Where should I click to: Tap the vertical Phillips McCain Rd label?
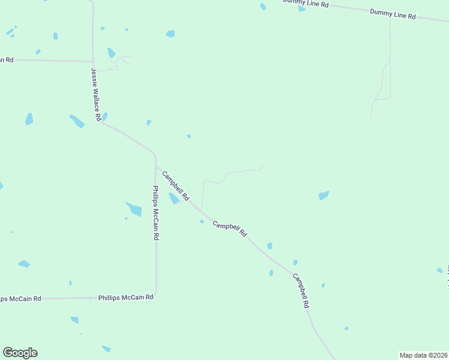tap(155, 213)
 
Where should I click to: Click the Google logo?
tap(20, 353)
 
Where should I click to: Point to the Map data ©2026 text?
tap(423, 355)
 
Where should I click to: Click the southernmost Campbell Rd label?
tap(301, 290)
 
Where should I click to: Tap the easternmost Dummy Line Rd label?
tap(393, 13)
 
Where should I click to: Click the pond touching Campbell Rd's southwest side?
tap(173, 198)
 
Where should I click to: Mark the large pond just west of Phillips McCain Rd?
tap(134, 209)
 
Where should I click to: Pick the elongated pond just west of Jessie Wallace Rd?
tap(77, 121)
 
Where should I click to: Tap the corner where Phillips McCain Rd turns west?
tap(156, 296)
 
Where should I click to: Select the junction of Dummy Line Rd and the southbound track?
tap(390, 17)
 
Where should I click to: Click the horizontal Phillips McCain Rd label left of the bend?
tap(126, 297)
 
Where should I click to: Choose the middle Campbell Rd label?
tap(230, 229)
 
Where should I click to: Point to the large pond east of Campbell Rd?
tap(324, 196)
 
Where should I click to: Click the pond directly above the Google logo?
tap(24, 264)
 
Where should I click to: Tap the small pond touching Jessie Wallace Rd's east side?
tap(104, 116)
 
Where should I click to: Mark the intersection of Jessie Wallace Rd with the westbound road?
tap(92, 61)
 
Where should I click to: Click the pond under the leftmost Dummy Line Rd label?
tap(301, 9)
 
